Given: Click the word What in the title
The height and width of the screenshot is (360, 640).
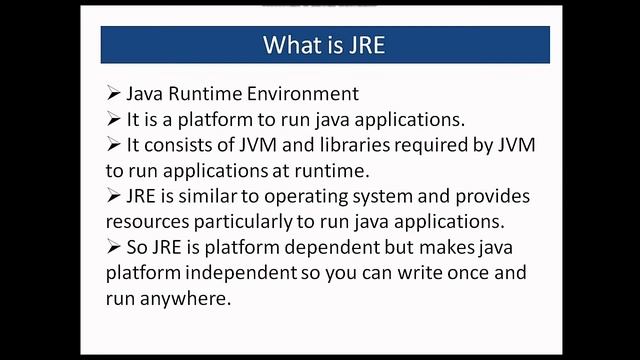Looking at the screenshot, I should (x=290, y=45).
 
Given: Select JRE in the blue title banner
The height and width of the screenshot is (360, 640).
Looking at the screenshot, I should (x=366, y=45).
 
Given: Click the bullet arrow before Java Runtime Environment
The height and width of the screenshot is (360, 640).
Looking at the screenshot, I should (x=113, y=94).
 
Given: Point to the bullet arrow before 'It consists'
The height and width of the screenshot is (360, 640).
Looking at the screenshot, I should (x=113, y=145).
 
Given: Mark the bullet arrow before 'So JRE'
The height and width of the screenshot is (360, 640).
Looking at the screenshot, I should (x=113, y=248).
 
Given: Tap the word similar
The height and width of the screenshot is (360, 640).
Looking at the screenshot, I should (x=217, y=196).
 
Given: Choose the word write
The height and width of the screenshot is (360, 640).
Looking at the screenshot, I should (x=407, y=274).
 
